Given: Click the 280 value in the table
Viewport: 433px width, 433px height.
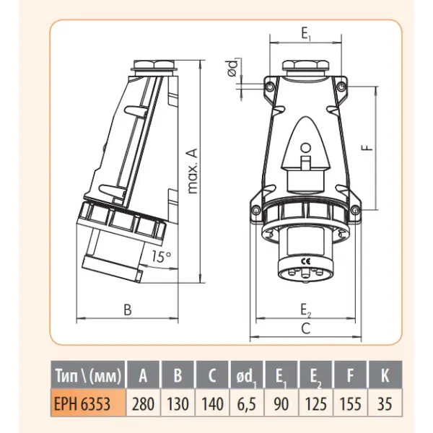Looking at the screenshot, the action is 143,403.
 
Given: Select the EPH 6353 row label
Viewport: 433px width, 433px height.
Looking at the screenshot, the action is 82,403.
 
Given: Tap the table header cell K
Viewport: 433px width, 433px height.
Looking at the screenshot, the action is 385,375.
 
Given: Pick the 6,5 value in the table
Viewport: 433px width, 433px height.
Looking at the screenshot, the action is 247,403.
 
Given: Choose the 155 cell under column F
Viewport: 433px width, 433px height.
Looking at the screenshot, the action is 350,403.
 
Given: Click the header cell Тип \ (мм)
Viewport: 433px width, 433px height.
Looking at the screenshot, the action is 88,375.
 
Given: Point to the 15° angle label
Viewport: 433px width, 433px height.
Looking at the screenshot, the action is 161,256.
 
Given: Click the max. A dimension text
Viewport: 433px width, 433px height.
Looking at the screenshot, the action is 193,171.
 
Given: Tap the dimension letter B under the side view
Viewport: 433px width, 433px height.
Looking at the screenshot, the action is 128,310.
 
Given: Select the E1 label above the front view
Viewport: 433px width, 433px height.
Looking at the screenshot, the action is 306,34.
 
